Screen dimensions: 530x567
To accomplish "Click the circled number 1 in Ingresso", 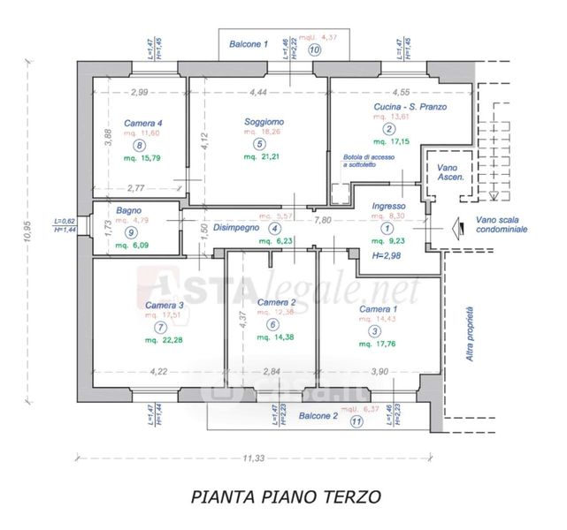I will coord(387,227).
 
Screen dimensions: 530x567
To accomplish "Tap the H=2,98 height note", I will coord(387,255).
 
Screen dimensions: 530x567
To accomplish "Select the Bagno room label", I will coord(130,210).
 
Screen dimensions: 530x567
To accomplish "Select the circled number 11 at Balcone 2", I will coord(356,421).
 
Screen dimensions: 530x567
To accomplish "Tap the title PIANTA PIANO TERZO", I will coord(286,497).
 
